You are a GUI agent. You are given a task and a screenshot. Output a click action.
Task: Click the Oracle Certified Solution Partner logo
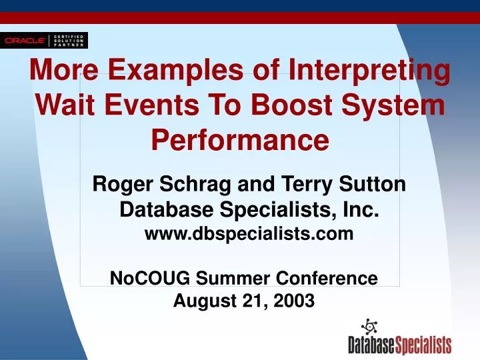(44, 40)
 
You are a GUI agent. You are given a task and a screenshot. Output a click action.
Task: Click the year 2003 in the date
(293, 301)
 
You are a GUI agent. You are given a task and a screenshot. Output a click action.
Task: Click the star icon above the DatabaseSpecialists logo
(369, 327)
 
